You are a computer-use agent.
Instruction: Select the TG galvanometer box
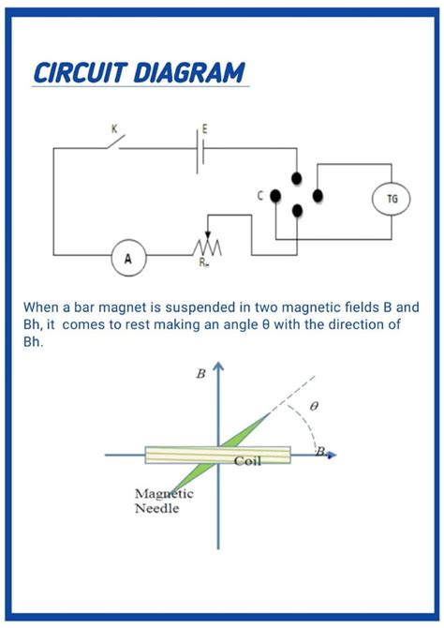[392, 199]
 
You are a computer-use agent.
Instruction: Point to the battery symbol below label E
[200, 149]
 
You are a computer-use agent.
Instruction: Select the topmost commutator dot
[297, 178]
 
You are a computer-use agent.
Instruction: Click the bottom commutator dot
[297, 211]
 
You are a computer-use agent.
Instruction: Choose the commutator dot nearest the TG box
[318, 195]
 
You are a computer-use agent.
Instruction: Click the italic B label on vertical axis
[200, 374]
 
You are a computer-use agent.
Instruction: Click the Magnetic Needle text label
[164, 501]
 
